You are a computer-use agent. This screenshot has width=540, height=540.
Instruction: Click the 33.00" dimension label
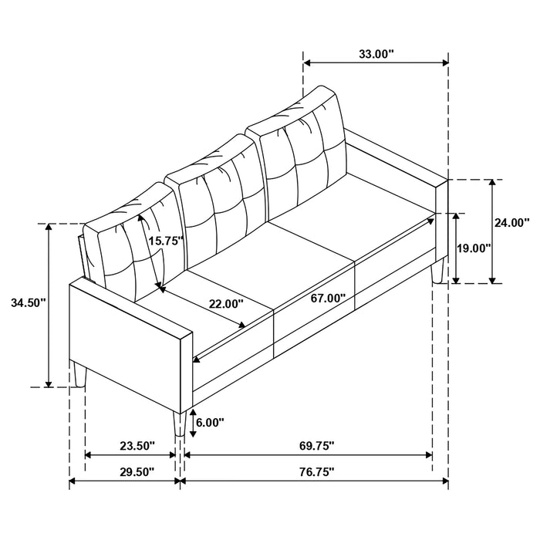(376, 54)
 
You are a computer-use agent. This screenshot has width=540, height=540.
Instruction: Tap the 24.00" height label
(511, 223)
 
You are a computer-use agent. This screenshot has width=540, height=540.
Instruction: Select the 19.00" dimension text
(474, 248)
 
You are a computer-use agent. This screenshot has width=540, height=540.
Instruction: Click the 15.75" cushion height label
(165, 241)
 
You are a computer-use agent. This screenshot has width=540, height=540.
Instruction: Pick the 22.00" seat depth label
(226, 304)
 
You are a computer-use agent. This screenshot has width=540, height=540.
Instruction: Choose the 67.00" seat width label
(329, 297)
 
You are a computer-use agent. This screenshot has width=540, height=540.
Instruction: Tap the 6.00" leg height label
(209, 422)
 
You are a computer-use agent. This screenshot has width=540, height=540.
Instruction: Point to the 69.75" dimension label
(307, 446)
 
